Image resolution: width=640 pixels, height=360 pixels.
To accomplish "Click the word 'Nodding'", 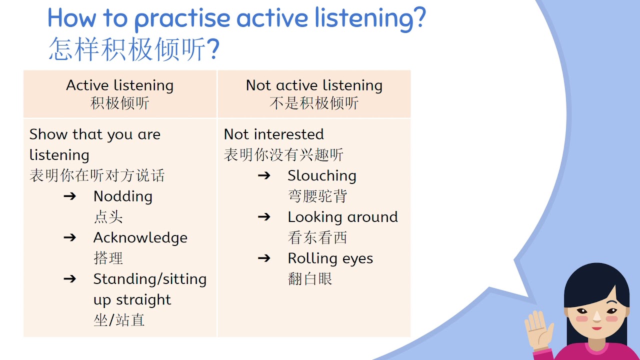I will tap(122, 196).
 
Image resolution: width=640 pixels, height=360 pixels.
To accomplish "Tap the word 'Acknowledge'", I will tap(140, 237).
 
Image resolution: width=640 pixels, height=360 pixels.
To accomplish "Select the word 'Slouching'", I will tap(321, 176).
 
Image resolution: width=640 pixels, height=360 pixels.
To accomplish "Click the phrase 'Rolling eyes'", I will tap(330, 258).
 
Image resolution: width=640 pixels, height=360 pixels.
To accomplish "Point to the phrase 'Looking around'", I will tap(342, 217).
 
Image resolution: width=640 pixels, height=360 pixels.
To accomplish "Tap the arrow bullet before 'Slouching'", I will tap(264, 175).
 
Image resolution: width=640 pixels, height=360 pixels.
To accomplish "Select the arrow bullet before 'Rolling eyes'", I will tap(264, 258).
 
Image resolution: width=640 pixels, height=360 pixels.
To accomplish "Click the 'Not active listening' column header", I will tap(314, 85).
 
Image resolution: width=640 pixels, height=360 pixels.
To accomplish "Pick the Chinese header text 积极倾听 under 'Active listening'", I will tap(120, 103).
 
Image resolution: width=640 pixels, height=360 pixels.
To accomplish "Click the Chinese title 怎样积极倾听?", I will tap(134, 50).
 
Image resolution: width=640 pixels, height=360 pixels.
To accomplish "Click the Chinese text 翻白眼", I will tap(310, 279).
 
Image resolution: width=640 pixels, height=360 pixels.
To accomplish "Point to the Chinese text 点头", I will tap(108, 217).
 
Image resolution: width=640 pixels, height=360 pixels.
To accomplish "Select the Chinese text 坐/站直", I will tap(119, 320).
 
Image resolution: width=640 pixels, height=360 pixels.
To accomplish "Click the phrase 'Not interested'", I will tap(273, 134).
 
